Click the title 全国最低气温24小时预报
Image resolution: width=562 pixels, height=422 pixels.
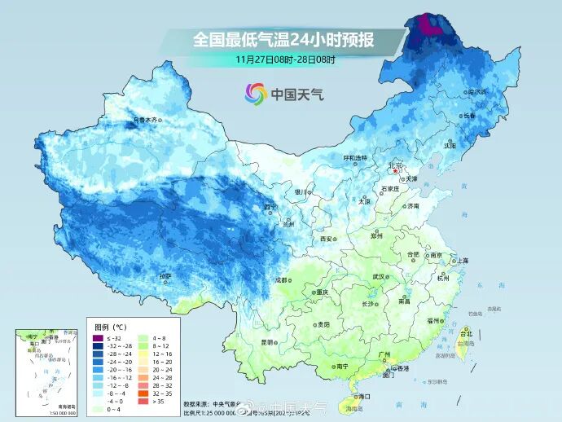(283, 38)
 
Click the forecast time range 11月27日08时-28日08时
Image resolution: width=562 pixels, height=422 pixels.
(286, 59)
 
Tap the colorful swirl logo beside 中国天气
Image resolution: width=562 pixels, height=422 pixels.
(256, 95)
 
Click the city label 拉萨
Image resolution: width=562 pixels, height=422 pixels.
(166, 276)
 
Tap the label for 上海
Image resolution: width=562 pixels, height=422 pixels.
(463, 260)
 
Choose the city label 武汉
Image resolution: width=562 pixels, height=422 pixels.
(378, 277)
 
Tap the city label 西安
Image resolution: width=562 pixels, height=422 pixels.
(327, 239)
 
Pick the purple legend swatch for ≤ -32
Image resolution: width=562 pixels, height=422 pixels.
(98, 337)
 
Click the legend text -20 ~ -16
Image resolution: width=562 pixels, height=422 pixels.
(120, 368)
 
